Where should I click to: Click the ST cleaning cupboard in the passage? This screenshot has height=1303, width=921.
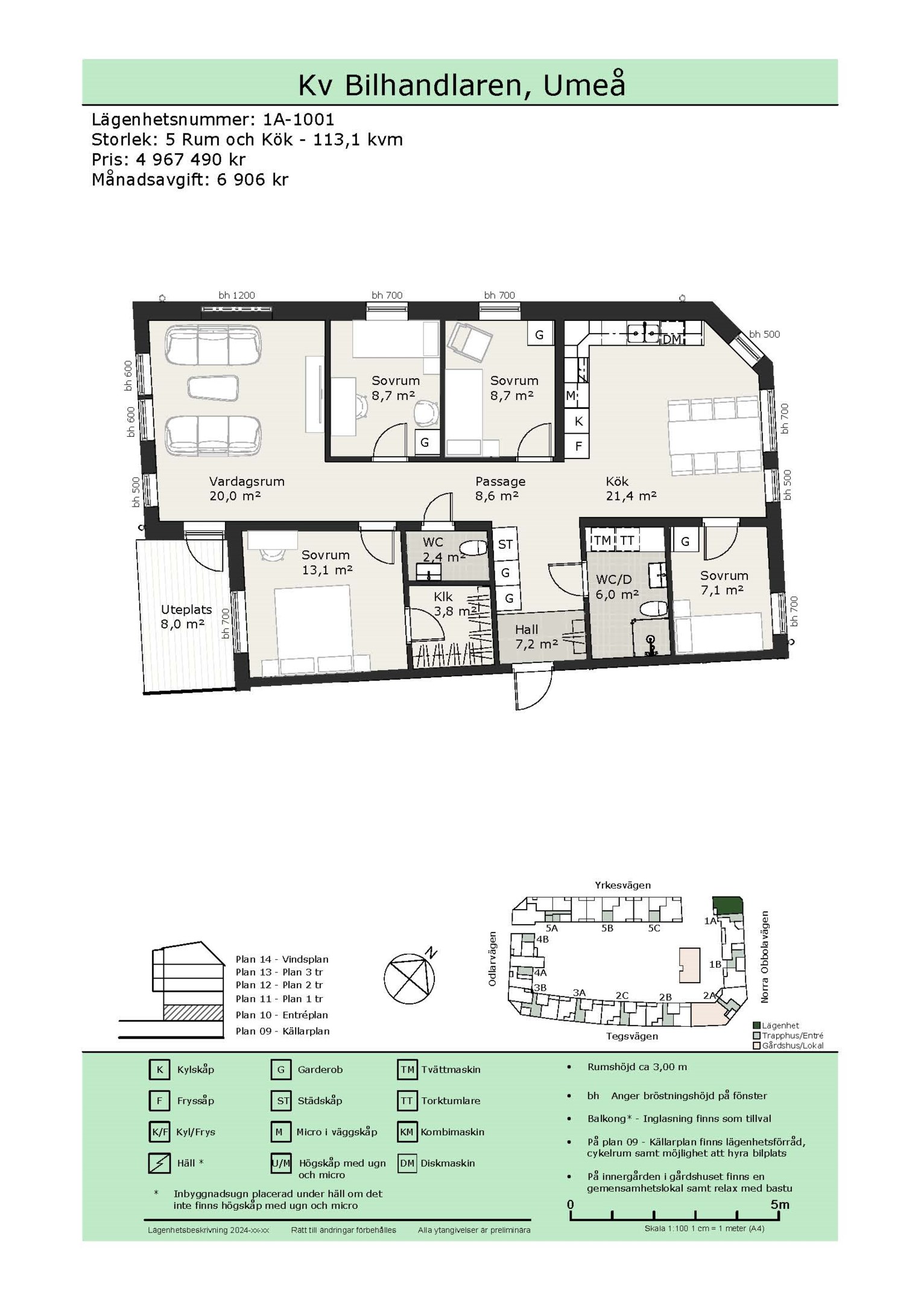505,544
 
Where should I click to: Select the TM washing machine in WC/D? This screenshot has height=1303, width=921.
602,541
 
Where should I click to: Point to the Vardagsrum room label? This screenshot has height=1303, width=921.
247,481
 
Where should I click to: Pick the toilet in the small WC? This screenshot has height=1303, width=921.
472,548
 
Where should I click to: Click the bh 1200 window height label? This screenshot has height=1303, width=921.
236,295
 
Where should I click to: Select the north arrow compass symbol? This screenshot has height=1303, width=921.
410,978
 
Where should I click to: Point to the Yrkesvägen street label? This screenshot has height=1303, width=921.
622,885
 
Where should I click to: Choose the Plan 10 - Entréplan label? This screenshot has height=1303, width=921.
282,1015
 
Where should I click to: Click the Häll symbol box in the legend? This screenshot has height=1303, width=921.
159,1163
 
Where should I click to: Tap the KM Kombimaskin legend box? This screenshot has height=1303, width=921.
407,1132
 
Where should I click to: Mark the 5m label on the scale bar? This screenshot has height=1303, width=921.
779,1205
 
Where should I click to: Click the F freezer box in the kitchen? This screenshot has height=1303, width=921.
578,446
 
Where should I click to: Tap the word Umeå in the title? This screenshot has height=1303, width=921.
584,85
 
